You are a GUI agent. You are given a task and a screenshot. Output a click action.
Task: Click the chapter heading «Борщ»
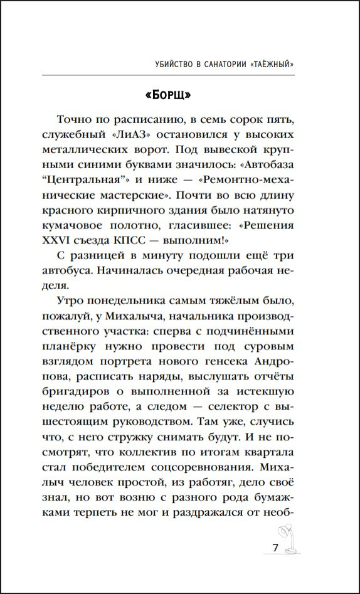point(167,95)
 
